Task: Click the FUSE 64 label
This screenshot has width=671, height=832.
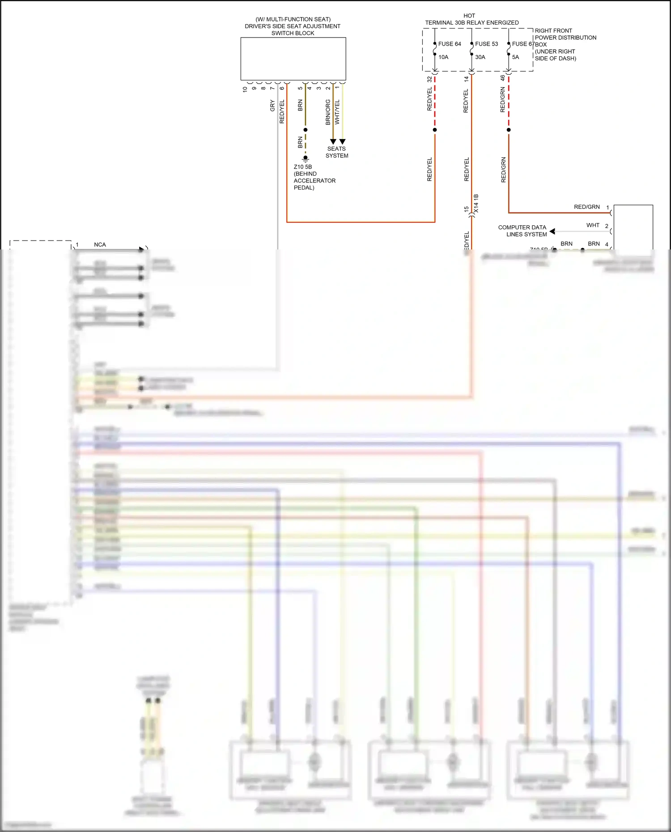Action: [x=449, y=44]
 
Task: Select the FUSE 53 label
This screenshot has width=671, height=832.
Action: [x=486, y=44]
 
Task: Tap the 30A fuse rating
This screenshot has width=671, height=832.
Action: [x=480, y=57]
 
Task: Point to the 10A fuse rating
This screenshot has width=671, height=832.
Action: [x=443, y=57]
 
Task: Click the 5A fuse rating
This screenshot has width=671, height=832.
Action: [x=515, y=57]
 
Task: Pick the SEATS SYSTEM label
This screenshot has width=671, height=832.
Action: [x=337, y=152]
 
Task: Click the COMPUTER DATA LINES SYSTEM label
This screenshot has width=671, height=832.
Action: [x=522, y=231]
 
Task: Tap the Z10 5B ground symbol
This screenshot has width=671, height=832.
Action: [x=306, y=158]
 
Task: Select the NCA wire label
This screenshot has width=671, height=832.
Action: [x=100, y=245]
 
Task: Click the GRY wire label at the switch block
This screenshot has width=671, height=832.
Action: [x=272, y=106]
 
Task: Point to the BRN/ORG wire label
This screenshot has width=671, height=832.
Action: [x=328, y=112]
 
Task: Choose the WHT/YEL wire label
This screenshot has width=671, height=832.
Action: [x=337, y=112]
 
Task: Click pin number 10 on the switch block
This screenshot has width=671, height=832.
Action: [x=245, y=89]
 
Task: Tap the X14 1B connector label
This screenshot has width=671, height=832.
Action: [x=476, y=203]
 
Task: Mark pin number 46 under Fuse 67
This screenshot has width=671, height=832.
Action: [x=502, y=78]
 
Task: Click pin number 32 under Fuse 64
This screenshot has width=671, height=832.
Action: [x=429, y=79]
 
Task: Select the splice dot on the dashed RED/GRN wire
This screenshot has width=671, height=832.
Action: [x=509, y=130]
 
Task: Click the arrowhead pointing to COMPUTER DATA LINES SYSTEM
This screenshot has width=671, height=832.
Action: [x=552, y=231]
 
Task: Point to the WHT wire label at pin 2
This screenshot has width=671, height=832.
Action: [x=593, y=225]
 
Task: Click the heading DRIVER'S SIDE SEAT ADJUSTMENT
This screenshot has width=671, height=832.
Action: [x=293, y=26]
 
